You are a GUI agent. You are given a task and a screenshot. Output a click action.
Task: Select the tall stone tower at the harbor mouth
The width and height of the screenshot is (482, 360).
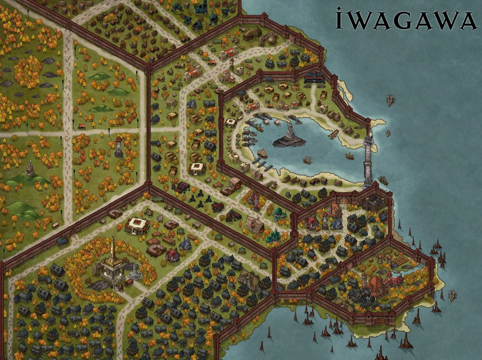(x=368, y=161)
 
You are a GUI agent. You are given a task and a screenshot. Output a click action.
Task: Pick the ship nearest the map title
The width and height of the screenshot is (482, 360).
(x=390, y=99)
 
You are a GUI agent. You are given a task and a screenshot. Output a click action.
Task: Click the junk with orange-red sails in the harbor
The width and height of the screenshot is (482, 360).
(x=262, y=153)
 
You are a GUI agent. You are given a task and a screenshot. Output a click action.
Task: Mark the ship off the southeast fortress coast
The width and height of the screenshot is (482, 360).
(x=452, y=295)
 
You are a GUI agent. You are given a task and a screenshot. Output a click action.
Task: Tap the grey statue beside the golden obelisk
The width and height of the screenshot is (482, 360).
(x=135, y=272)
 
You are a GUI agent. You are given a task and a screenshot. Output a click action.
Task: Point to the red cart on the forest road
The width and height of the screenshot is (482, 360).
(x=82, y=126)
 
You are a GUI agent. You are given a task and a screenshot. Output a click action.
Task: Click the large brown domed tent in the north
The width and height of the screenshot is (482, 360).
(x=252, y=32)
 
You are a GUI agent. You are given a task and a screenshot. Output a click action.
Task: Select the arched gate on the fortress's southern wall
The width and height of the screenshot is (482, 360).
(x=380, y=321)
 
